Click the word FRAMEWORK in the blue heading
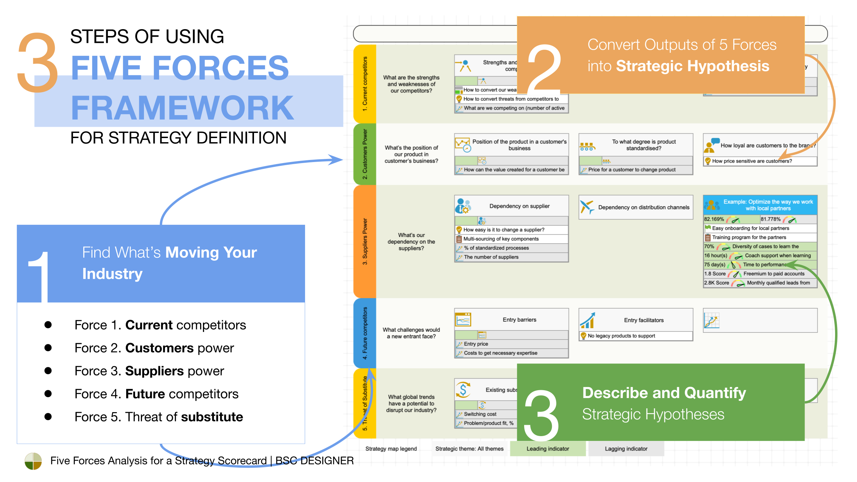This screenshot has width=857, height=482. [182, 108]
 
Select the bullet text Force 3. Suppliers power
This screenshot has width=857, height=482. [149, 371]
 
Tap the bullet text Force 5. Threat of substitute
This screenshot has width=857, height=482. [158, 417]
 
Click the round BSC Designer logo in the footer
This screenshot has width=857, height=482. [33, 461]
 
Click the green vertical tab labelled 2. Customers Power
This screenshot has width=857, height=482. [365, 154]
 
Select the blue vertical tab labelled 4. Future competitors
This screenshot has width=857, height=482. [365, 333]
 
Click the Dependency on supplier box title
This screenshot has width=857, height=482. [519, 206]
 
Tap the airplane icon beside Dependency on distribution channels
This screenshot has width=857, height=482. [587, 207]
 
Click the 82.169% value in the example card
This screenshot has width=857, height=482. [714, 219]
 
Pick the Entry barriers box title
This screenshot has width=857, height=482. [519, 320]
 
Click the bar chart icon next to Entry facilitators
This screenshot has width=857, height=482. [588, 320]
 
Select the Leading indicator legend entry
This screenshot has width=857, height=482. [547, 449]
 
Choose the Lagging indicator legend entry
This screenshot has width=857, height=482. [626, 449]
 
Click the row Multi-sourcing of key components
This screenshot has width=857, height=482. [500, 239]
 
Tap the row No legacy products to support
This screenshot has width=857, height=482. [621, 336]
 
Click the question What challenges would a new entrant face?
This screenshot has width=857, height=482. [411, 333]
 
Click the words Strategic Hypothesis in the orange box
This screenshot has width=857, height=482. [692, 66]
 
